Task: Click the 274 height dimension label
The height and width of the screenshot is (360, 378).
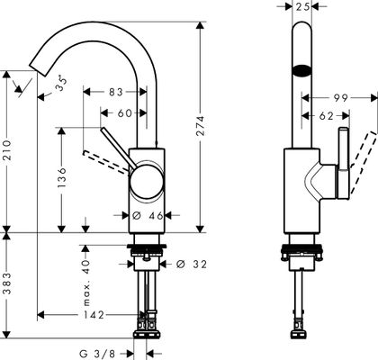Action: [x=201, y=125]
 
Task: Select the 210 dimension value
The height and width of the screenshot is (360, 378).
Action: [x=6, y=149]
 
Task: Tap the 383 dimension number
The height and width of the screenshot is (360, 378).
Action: [x=6, y=283]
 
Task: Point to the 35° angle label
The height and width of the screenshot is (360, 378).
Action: [x=61, y=83]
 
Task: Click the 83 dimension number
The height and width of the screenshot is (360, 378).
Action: [x=116, y=92]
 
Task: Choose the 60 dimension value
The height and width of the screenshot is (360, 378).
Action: [x=124, y=113]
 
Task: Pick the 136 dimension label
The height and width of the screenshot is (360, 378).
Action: [x=62, y=177]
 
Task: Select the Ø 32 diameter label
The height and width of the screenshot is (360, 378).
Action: [x=192, y=264]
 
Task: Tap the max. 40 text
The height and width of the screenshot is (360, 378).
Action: [x=86, y=283]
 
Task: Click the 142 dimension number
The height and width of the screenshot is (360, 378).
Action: [x=94, y=315]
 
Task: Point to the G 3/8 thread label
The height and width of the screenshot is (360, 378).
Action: [x=97, y=354]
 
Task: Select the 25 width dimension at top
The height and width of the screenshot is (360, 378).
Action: [x=302, y=6]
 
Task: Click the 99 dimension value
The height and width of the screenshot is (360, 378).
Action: [x=340, y=98]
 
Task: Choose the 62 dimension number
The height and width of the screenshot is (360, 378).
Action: [x=327, y=116]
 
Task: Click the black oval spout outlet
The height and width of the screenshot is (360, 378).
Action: [x=302, y=70]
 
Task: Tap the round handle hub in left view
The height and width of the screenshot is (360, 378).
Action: [x=147, y=182]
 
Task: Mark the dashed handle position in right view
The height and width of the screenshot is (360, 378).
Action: [x=364, y=161]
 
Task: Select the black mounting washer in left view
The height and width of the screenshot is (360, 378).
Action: [x=147, y=247]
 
